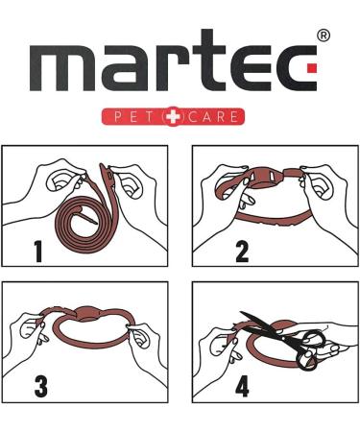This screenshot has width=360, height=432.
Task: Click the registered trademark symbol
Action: [323, 36]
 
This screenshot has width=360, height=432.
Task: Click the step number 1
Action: [37, 252]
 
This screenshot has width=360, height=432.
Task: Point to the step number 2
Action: [241, 252]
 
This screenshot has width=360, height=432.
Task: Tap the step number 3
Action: [41, 387]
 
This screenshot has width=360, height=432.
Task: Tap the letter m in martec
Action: [71, 72]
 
